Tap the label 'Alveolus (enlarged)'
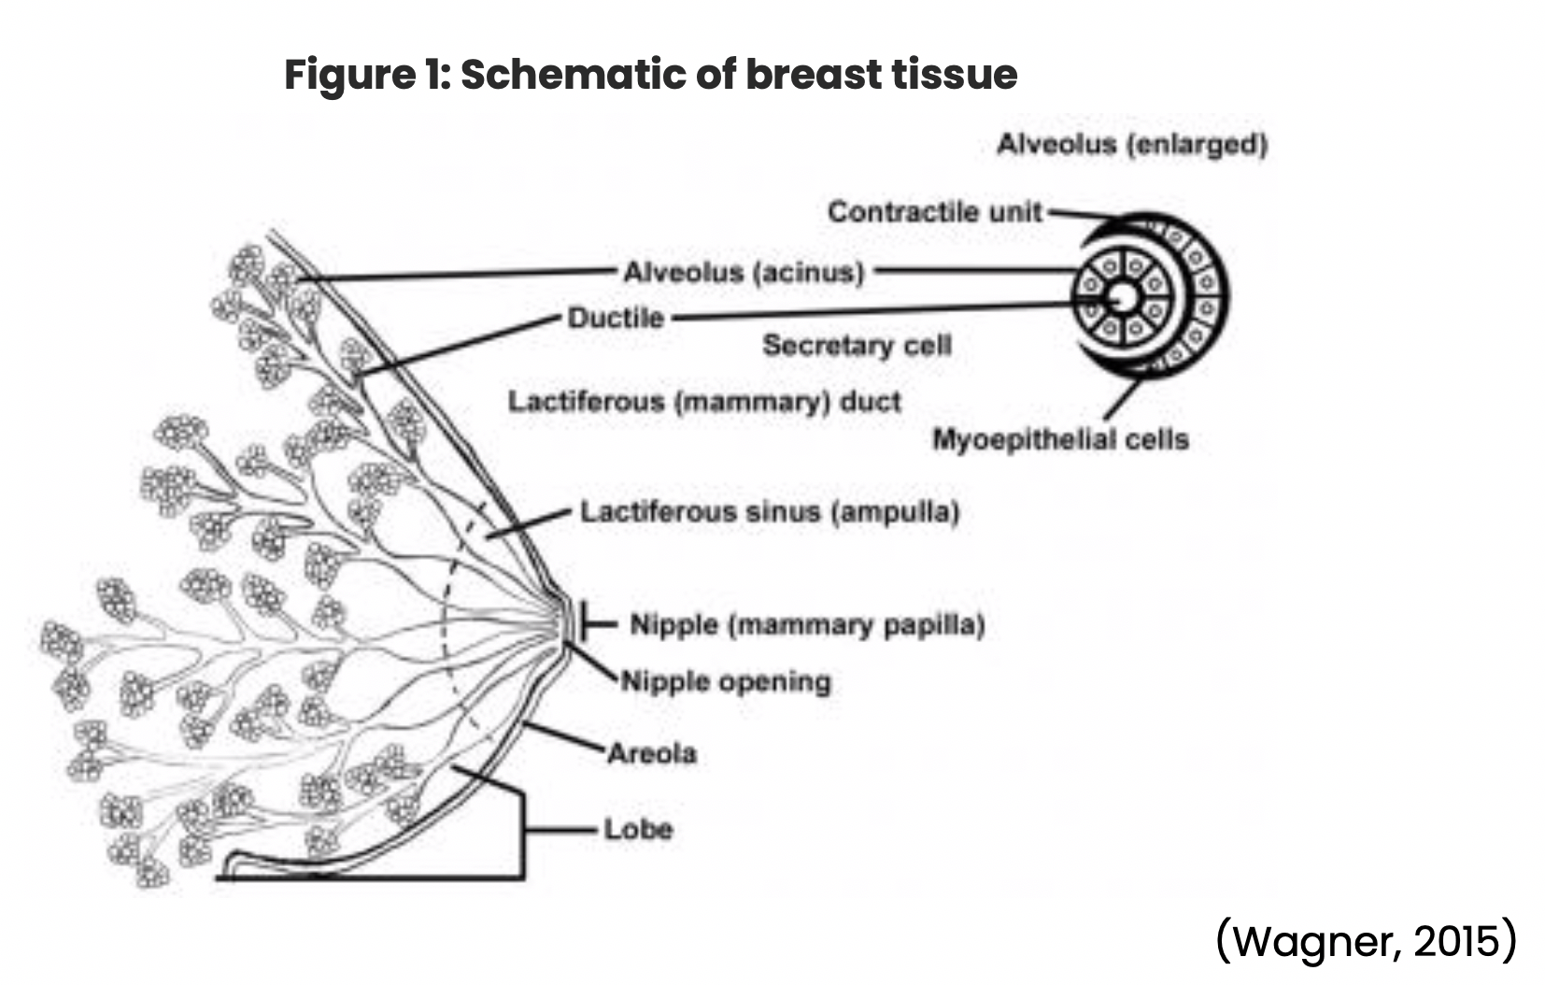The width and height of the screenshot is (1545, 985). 1131,145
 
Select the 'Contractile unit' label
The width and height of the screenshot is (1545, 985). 934,212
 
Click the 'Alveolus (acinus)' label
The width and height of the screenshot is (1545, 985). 744,273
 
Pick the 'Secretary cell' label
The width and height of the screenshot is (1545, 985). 857,345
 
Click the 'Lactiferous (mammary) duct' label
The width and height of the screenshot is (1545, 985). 704,402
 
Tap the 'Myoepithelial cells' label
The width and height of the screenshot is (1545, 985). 1060,439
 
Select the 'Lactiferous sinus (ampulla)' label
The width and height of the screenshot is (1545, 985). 770,512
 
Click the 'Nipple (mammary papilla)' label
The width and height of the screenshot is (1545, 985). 807,624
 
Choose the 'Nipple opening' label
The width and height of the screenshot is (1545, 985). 726,681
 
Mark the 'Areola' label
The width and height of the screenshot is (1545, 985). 652,753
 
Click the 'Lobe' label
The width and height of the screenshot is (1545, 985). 638,829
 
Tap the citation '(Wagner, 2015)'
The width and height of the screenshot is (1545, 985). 1366,940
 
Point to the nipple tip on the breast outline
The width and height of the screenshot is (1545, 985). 567,621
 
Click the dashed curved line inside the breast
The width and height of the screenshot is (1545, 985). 446,617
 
